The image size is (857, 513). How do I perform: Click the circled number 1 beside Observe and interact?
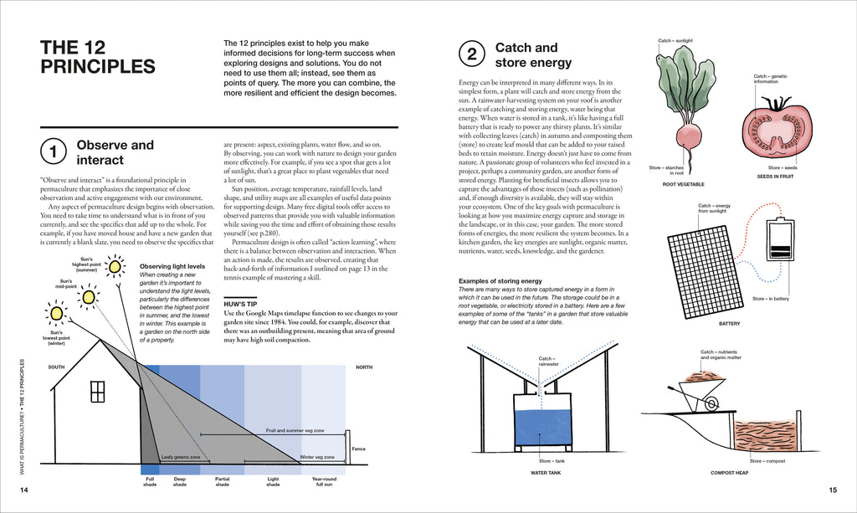(x=53, y=152)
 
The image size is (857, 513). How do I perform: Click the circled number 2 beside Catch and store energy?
(x=471, y=55)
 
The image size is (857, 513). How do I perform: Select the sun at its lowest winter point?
(x=56, y=314)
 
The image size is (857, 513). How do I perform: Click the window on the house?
(x=97, y=391)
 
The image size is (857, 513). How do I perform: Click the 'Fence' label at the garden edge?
(x=358, y=449)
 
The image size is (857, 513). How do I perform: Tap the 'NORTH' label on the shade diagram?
(x=364, y=367)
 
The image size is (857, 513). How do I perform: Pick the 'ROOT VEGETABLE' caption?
(x=683, y=184)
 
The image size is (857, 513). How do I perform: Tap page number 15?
(x=833, y=490)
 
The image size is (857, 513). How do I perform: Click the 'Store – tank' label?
(x=553, y=461)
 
